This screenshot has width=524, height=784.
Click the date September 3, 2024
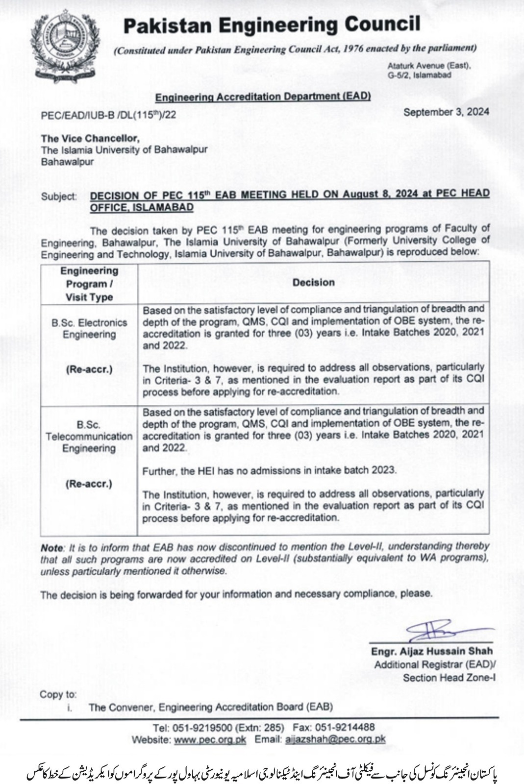[446, 112]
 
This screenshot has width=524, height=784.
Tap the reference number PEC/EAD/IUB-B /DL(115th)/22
[108, 115]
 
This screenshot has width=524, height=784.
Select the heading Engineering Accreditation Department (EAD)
[263, 97]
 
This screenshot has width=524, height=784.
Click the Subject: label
[59, 196]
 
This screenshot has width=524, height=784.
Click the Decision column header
[313, 282]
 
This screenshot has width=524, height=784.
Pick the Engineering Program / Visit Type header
[89, 284]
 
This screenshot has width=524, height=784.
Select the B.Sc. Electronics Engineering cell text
[89, 329]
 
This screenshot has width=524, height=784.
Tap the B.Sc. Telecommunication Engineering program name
[89, 436]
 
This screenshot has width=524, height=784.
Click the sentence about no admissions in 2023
[269, 470]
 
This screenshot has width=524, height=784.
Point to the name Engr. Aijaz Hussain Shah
[432, 651]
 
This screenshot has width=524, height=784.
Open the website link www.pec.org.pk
[210, 739]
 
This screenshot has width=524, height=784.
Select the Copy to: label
[58, 694]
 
